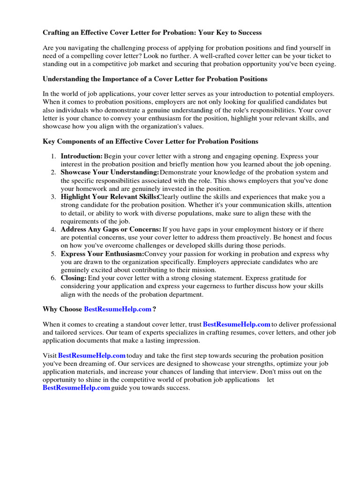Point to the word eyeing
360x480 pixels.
tap(325, 64)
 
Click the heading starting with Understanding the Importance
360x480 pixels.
tap(155, 79)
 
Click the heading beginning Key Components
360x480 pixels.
tap(150, 141)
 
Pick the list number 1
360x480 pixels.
tap(54, 156)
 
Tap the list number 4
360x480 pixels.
tap(54, 230)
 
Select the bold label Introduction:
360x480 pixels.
tap(82, 156)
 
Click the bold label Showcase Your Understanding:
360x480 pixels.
tap(110, 172)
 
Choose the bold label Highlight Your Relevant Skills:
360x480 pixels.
tap(109, 197)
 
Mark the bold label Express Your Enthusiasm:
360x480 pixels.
tap(102, 254)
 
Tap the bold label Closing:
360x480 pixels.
tap(74, 278)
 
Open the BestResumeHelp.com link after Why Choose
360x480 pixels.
tap(118, 309)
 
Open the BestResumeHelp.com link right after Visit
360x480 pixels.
tap(91, 356)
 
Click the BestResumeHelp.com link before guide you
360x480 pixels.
tap(76, 388)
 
